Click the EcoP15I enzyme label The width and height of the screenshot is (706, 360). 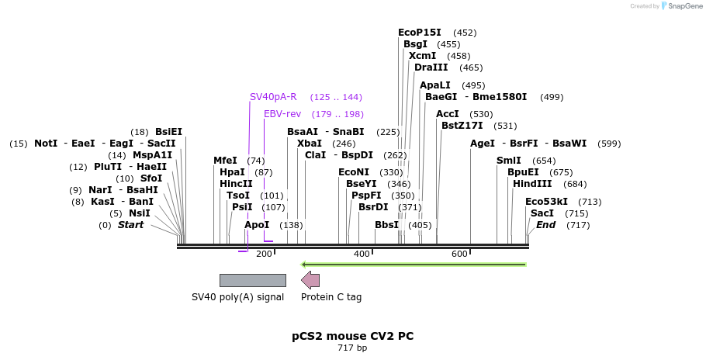tap(419, 33)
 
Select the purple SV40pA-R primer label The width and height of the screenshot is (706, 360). tap(273, 97)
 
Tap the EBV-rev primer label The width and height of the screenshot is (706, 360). tap(282, 114)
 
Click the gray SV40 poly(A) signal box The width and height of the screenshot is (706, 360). tap(252, 280)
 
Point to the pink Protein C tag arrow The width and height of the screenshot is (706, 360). tap(310, 280)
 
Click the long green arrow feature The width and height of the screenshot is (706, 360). tap(414, 265)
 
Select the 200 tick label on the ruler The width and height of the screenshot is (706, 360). tap(264, 254)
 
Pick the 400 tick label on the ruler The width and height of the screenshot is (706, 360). tap(362, 254)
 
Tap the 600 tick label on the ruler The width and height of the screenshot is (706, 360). tap(459, 254)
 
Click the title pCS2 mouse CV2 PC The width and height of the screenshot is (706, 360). tap(352, 336)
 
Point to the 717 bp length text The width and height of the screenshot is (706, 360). tap(352, 348)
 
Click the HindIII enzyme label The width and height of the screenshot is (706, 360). tap(532, 184)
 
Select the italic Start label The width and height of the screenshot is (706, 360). tap(130, 225)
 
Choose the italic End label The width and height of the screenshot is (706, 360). tap(545, 225)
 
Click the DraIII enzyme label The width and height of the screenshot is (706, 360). tap(432, 67)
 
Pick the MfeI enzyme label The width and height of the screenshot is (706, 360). tap(225, 161)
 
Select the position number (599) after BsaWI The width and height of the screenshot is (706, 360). tap(609, 144)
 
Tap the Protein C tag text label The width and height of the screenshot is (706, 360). tap(331, 297)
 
